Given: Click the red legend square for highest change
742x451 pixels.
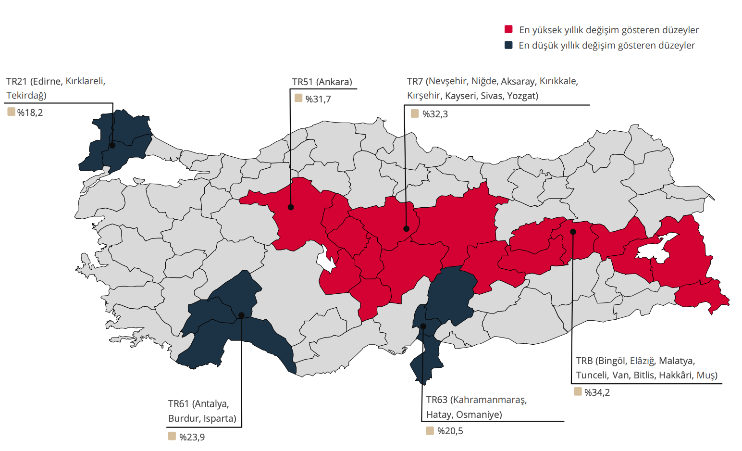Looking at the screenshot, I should point(508,29).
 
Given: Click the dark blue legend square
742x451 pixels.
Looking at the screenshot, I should point(508,45).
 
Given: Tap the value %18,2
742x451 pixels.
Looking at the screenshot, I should point(30,113).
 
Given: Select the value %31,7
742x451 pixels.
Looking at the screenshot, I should point(318,100).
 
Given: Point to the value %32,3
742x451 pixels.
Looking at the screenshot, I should point(435,114).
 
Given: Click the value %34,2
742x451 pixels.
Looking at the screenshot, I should point(597,393).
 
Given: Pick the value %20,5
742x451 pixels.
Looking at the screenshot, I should point(450,431).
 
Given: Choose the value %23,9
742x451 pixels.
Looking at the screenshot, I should point(192,438).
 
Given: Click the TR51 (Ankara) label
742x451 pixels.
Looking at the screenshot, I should point(322,82).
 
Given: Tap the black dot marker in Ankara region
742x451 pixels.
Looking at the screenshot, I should point(291,207).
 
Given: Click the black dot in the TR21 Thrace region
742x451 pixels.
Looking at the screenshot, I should point(112,145).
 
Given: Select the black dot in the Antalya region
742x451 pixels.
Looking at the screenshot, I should point(241,315).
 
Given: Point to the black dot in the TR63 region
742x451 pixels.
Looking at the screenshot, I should point(423,326).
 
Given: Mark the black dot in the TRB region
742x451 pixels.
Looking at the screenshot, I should point(573,232).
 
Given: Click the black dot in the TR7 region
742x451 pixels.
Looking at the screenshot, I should point(406,229).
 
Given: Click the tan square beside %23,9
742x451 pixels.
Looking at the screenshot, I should point(172,436).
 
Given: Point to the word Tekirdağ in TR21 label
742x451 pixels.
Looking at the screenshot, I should point(26,96).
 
